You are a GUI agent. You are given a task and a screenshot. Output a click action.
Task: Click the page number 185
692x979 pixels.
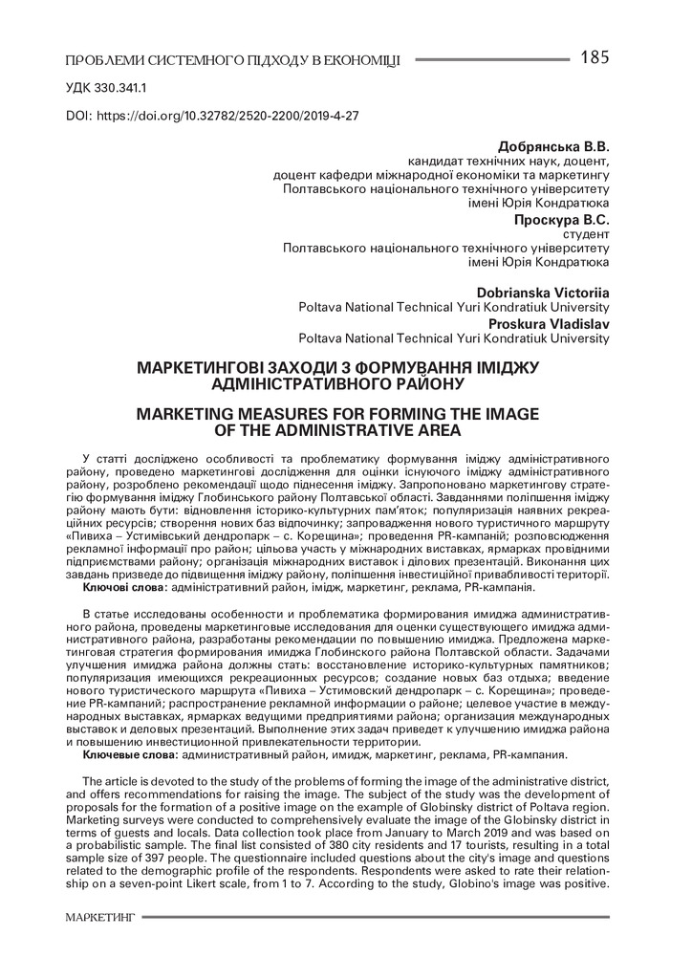594,57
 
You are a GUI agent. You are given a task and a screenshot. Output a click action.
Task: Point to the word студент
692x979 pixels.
585,233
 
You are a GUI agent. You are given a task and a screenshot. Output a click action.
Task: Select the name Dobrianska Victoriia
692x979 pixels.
543,292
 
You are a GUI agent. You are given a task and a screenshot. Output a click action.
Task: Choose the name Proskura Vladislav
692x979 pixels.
550,322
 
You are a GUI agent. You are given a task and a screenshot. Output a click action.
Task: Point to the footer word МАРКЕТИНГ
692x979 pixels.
100,917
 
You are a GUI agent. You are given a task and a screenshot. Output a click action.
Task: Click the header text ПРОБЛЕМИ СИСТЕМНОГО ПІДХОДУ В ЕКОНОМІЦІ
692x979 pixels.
232,61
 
